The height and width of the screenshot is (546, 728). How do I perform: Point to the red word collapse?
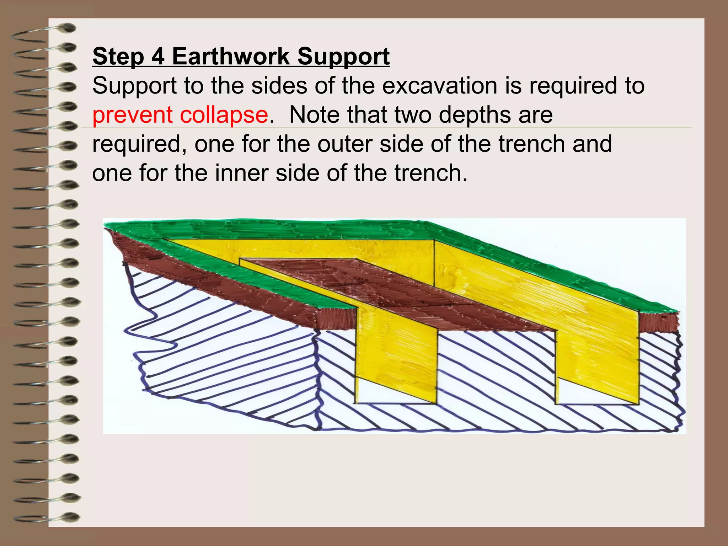tap(224, 116)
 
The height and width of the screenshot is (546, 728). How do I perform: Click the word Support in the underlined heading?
tap(343, 57)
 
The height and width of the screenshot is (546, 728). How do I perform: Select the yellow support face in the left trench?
tap(396, 352)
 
